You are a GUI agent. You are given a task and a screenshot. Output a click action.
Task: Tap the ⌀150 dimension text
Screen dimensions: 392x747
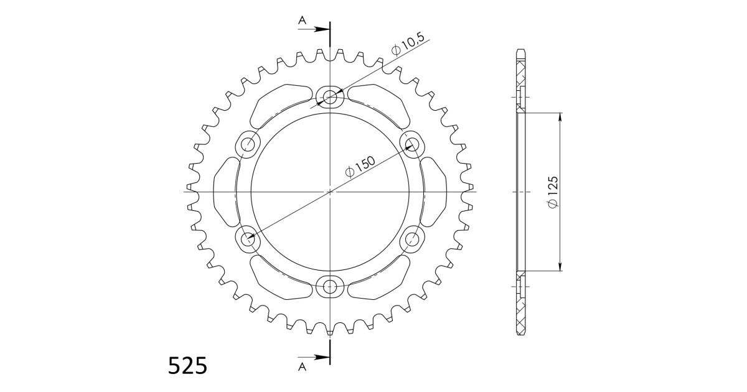point(360,167)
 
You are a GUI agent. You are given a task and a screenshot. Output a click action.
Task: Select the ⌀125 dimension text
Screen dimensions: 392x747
point(552,193)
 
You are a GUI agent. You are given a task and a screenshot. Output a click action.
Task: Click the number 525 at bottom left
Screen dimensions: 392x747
point(187,366)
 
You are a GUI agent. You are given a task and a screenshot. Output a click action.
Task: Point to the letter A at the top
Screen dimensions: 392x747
point(302,21)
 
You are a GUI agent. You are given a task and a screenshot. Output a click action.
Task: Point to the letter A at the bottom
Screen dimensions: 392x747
point(302,366)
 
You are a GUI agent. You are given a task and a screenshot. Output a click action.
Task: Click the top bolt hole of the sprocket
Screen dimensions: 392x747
point(329,96)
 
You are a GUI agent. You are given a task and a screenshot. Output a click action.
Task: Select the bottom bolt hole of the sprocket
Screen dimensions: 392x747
point(329,287)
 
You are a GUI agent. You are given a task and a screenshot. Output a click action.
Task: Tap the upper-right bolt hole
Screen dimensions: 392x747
point(411,144)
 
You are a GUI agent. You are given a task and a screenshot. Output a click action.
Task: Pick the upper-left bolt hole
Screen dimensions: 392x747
point(247,144)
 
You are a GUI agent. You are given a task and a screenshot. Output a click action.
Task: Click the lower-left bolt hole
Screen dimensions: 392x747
point(247,238)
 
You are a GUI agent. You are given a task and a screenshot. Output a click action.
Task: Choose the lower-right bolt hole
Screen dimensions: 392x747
point(411,238)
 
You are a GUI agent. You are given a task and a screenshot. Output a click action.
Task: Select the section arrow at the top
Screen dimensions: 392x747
point(320,29)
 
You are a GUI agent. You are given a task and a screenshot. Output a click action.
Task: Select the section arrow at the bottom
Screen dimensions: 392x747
point(320,357)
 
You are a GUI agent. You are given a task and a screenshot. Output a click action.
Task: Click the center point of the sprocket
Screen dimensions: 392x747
point(329,192)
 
